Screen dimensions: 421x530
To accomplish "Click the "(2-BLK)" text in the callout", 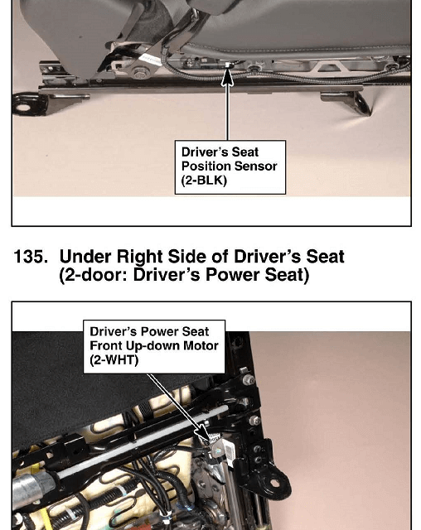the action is pyautogui.click(x=204, y=181).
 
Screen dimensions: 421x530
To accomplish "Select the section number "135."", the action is pyautogui.click(x=31, y=257).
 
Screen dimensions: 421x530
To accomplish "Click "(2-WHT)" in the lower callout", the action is pyautogui.click(x=114, y=360).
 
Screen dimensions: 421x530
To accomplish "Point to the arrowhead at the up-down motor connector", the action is pyautogui.click(x=204, y=433).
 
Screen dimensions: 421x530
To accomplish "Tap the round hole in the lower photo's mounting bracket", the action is pyautogui.click(x=275, y=483).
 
